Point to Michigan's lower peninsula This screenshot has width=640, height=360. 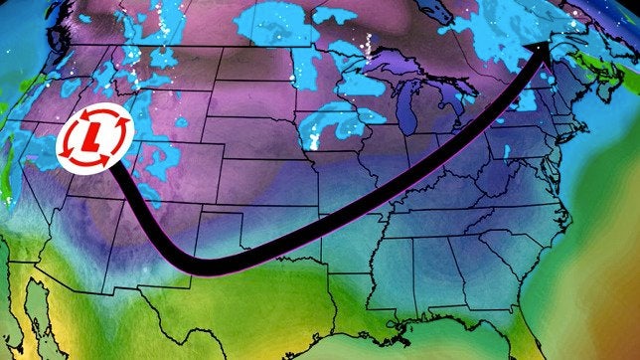427,129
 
